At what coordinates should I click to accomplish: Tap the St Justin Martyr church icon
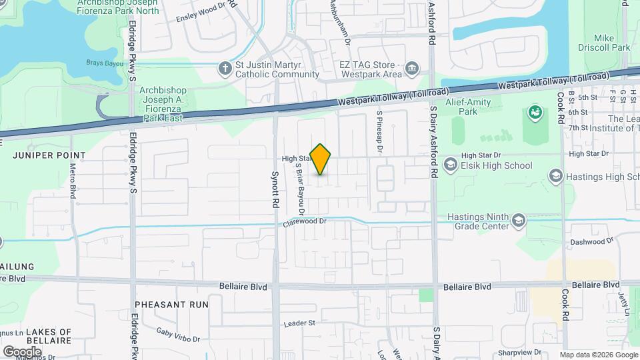coord(225,67)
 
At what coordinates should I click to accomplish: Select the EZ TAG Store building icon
coord(412,67)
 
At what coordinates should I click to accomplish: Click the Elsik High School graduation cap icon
coord(451,165)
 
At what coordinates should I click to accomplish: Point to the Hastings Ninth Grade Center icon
coord(518,221)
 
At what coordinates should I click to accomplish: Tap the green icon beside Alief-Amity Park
coord(534,113)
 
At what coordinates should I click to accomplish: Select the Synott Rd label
coord(275,190)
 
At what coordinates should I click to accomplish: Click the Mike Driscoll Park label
coord(612,43)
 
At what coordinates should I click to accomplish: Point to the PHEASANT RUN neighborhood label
coord(171,304)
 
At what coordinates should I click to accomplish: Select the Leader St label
coord(299,323)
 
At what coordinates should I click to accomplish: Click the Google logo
coord(22,351)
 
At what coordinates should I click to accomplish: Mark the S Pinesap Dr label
coord(379,131)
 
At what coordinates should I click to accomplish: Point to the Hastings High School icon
coord(555,175)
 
